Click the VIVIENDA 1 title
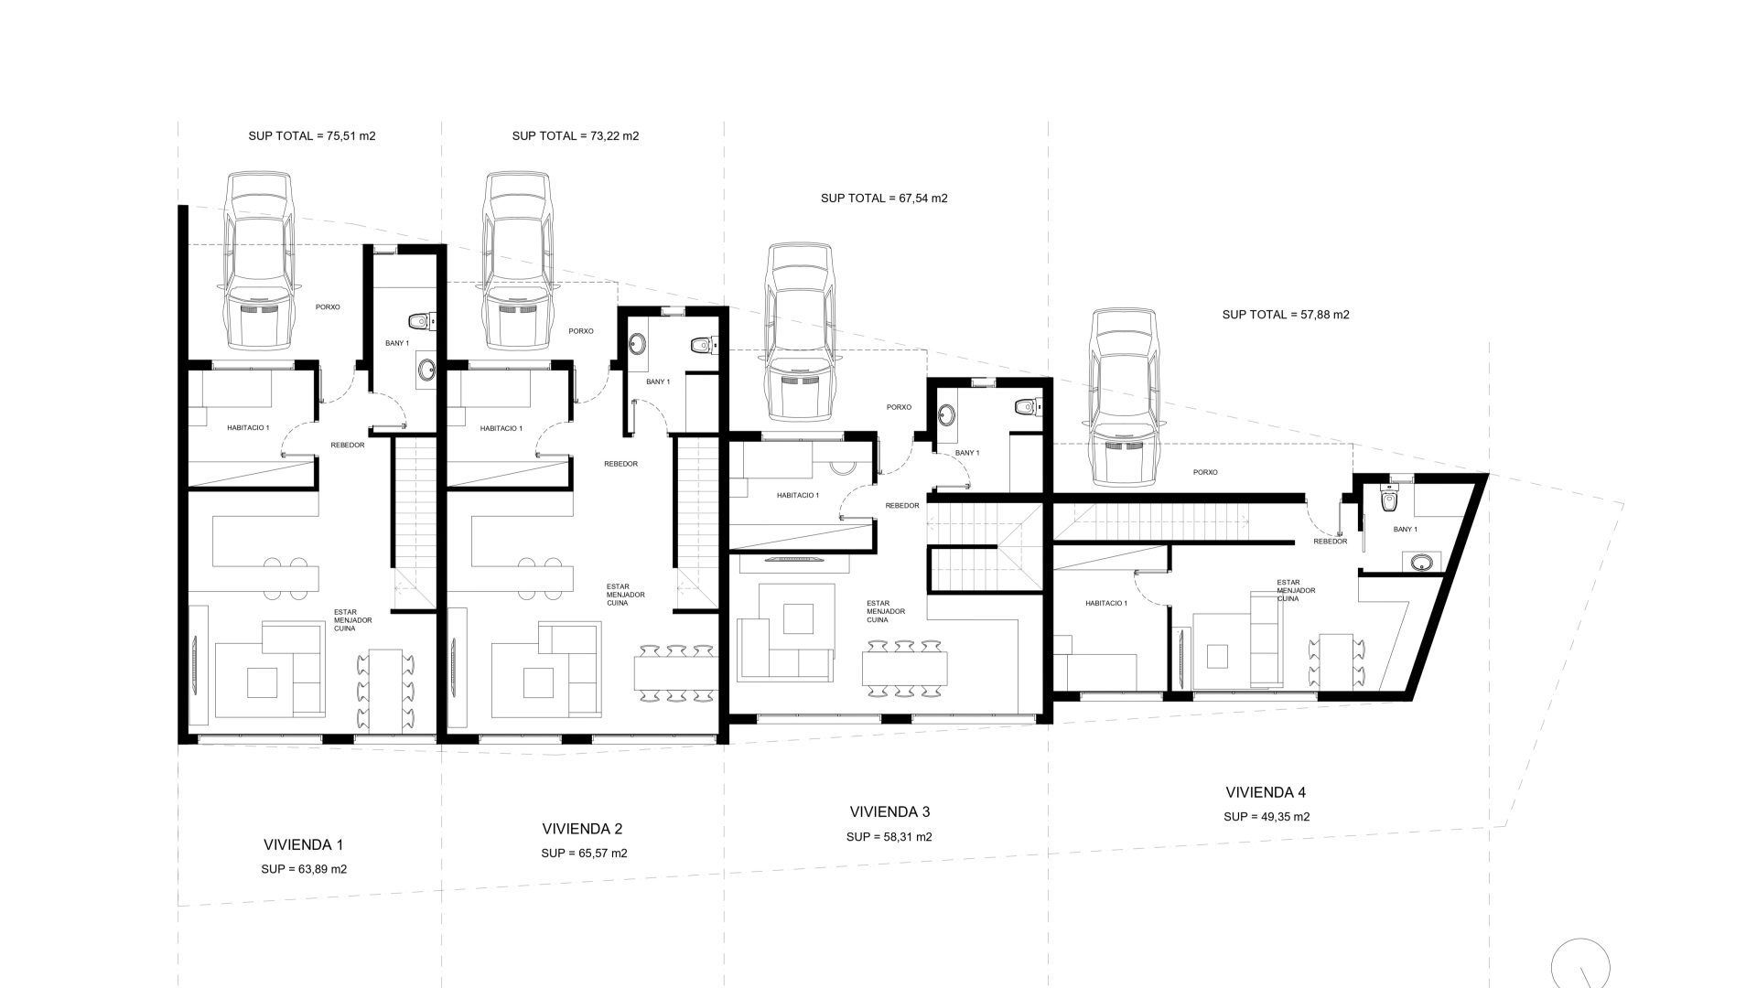click(303, 845)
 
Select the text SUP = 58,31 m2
click(889, 836)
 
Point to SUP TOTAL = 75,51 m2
click(312, 135)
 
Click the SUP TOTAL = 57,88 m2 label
click(1286, 315)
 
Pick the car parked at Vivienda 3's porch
click(801, 332)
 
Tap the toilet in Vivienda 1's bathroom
click(422, 320)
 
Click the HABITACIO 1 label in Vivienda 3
click(798, 495)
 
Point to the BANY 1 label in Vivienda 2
click(658, 381)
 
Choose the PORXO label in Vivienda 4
click(1205, 472)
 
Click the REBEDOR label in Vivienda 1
click(348, 446)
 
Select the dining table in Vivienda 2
click(675, 673)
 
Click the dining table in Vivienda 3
click(904, 669)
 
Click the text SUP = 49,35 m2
click(1267, 817)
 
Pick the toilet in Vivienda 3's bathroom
click(1026, 407)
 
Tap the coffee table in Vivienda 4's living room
click(1218, 657)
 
